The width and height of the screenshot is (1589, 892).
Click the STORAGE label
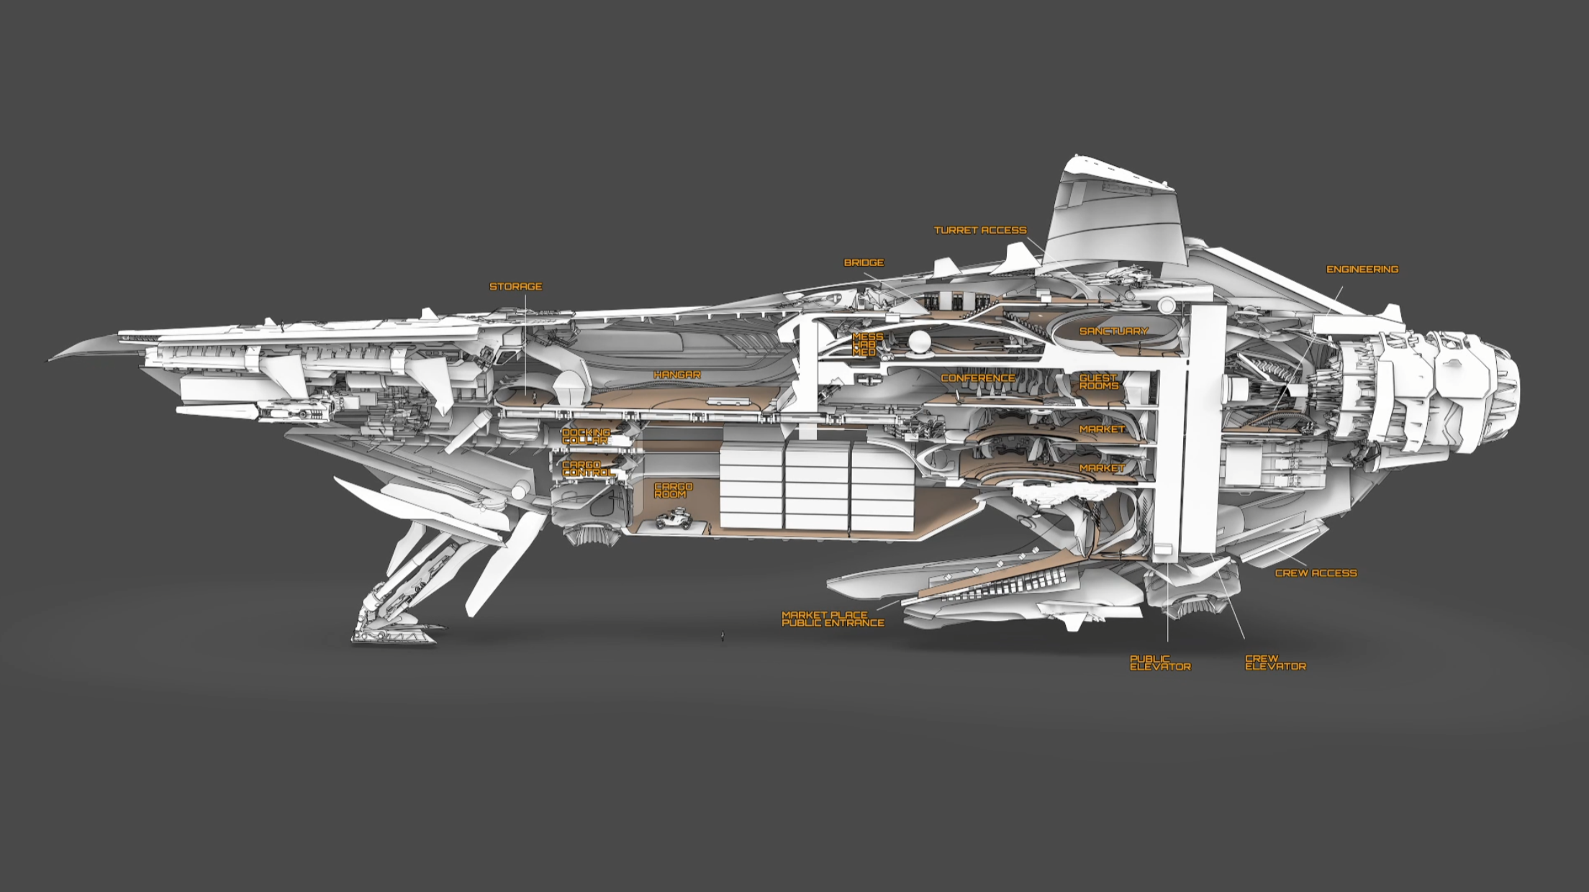tap(515, 286)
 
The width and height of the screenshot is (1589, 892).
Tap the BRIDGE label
tap(864, 263)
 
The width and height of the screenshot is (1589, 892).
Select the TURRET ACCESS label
tap(980, 230)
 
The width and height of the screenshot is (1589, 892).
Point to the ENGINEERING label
tap(1362, 269)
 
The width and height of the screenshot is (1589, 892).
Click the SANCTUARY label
tap(1113, 331)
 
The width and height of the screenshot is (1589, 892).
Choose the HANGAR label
tap(676, 375)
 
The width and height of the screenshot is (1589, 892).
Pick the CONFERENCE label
tap(978, 378)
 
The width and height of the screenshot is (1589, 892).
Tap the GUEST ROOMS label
tap(1099, 381)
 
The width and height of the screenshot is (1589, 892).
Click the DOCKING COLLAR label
tap(586, 436)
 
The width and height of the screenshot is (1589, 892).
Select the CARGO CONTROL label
tap(588, 469)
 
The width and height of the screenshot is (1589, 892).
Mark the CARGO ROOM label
tap(673, 491)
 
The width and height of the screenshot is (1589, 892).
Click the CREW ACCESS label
tap(1316, 573)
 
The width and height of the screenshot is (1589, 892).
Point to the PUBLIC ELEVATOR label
tap(1160, 663)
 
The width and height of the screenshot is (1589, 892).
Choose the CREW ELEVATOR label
tap(1275, 663)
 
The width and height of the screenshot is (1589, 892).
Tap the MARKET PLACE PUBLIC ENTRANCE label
tap(833, 619)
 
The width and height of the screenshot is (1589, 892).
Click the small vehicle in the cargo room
tap(673, 519)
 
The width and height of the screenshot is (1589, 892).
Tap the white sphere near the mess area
tap(919, 343)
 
